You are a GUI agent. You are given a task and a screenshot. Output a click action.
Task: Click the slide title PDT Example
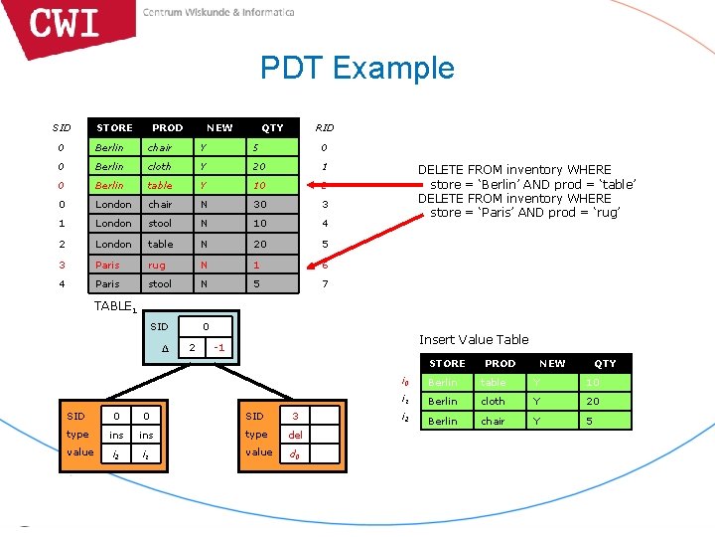point(357,68)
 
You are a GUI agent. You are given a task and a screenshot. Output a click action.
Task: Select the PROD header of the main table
point(167,127)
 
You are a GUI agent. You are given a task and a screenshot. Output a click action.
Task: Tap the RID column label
point(325,127)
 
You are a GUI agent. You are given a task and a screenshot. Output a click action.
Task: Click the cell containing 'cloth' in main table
point(159,166)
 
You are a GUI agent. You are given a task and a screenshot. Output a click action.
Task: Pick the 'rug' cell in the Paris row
point(157,265)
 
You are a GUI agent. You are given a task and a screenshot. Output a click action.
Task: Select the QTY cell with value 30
point(260,205)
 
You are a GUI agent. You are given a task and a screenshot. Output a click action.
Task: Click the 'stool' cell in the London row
point(160,224)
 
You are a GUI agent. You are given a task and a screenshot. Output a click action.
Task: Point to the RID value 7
point(325,283)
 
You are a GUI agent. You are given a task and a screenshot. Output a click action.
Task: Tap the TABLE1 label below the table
point(114,306)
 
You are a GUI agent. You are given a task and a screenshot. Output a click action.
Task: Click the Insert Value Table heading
point(474,339)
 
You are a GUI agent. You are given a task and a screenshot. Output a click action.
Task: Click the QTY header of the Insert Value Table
point(605,363)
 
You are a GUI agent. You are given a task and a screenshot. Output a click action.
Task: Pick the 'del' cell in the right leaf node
point(296,435)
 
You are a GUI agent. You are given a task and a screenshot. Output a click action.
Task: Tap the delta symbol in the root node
point(164,347)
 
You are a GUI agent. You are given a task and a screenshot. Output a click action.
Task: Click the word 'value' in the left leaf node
point(80,452)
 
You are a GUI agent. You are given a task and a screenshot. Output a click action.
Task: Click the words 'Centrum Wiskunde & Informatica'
point(218,13)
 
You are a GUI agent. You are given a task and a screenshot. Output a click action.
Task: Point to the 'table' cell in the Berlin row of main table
point(159,186)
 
